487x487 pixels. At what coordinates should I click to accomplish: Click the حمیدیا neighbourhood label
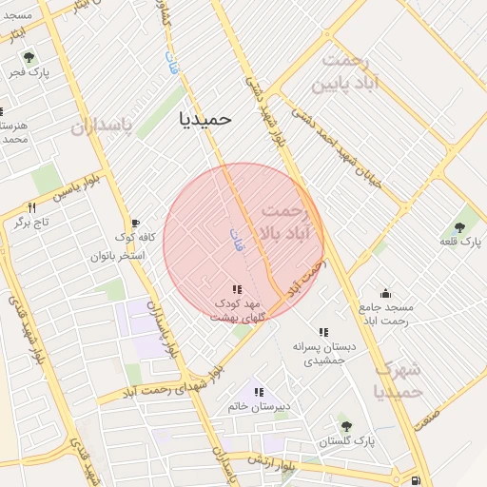point(205,119)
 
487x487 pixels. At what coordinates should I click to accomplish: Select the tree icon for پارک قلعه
point(460,227)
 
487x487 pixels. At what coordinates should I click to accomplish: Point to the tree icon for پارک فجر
point(28,57)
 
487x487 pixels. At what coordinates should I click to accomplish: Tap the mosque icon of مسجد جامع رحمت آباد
point(384,293)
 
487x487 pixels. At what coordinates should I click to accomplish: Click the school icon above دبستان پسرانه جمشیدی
point(323,333)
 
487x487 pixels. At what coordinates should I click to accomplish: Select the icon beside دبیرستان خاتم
point(258,392)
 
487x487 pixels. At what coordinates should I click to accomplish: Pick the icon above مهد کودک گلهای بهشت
point(236,289)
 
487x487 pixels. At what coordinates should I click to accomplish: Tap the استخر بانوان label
point(118,256)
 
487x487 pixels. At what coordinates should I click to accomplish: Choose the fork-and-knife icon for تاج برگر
point(31,208)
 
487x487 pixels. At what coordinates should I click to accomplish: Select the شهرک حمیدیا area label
point(399,380)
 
